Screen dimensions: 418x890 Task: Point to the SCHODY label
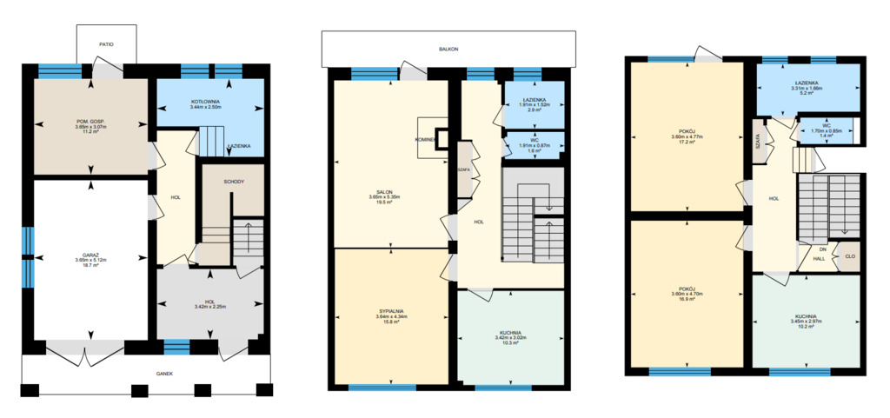pyautogui.click(x=234, y=182)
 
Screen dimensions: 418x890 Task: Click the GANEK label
pyautogui.click(x=165, y=373)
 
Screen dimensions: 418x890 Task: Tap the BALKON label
pyautogui.click(x=448, y=50)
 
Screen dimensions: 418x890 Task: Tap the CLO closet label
pyautogui.click(x=849, y=256)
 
